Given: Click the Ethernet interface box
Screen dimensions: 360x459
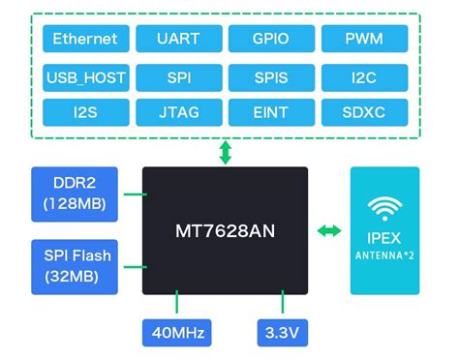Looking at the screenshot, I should pyautogui.click(x=85, y=39).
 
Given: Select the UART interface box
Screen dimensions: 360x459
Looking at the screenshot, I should pyautogui.click(x=178, y=39).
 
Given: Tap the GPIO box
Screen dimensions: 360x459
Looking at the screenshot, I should pyautogui.click(x=271, y=39).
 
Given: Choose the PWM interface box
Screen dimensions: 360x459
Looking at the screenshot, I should pyautogui.click(x=364, y=39).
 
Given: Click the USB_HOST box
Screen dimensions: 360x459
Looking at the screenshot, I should pyautogui.click(x=85, y=75).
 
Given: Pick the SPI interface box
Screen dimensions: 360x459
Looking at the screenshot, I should pyautogui.click(x=178, y=75).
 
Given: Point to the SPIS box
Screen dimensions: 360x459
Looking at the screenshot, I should pyautogui.click(x=271, y=75).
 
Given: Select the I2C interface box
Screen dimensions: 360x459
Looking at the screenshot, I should pyautogui.click(x=364, y=75).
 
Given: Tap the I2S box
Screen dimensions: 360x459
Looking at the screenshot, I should pyautogui.click(x=85, y=112).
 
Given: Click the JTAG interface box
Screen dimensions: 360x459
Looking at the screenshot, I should pyautogui.click(x=178, y=112).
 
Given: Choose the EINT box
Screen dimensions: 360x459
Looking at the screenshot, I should pyautogui.click(x=271, y=112).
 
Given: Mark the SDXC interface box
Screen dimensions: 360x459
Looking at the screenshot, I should pyautogui.click(x=364, y=112).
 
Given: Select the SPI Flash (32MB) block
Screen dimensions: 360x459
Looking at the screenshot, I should pyautogui.click(x=76, y=266).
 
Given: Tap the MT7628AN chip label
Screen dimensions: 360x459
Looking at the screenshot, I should pyautogui.click(x=225, y=232).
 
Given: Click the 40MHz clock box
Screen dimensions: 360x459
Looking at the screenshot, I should pyautogui.click(x=177, y=332).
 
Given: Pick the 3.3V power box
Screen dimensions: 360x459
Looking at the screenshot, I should pyautogui.click(x=282, y=332).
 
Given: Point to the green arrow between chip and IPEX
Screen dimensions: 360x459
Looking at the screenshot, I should pyautogui.click(x=330, y=230).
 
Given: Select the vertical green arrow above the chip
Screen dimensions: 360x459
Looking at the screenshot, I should pyautogui.click(x=226, y=152).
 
